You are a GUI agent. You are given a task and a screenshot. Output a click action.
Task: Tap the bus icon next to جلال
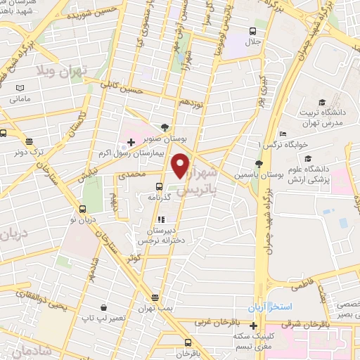252,30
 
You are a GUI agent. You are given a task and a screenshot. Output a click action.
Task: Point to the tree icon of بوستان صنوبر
165,127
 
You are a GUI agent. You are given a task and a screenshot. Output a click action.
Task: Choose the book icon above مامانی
20,88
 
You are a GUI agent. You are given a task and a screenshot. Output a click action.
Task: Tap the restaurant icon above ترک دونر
30,141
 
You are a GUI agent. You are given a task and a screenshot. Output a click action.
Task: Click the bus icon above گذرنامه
160,187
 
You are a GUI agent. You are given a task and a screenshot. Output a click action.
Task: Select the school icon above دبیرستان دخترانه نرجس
160,219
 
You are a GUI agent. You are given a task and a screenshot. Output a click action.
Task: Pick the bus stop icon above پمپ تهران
155,297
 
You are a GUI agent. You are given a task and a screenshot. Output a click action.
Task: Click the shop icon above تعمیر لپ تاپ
103,307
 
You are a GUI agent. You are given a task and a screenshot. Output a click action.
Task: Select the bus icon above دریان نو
83,209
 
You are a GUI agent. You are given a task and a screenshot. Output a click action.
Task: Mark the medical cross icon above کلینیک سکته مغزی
253,326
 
